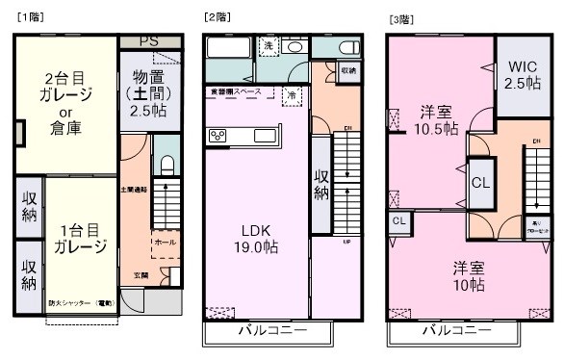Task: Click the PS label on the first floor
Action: [x=148, y=41]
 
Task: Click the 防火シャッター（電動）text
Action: [x=82, y=303]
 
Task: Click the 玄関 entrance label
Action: [x=141, y=274]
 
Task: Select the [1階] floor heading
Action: [x=28, y=18]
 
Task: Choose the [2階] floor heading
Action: [x=216, y=18]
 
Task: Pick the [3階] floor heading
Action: [x=399, y=18]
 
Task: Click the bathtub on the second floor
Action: [x=228, y=50]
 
